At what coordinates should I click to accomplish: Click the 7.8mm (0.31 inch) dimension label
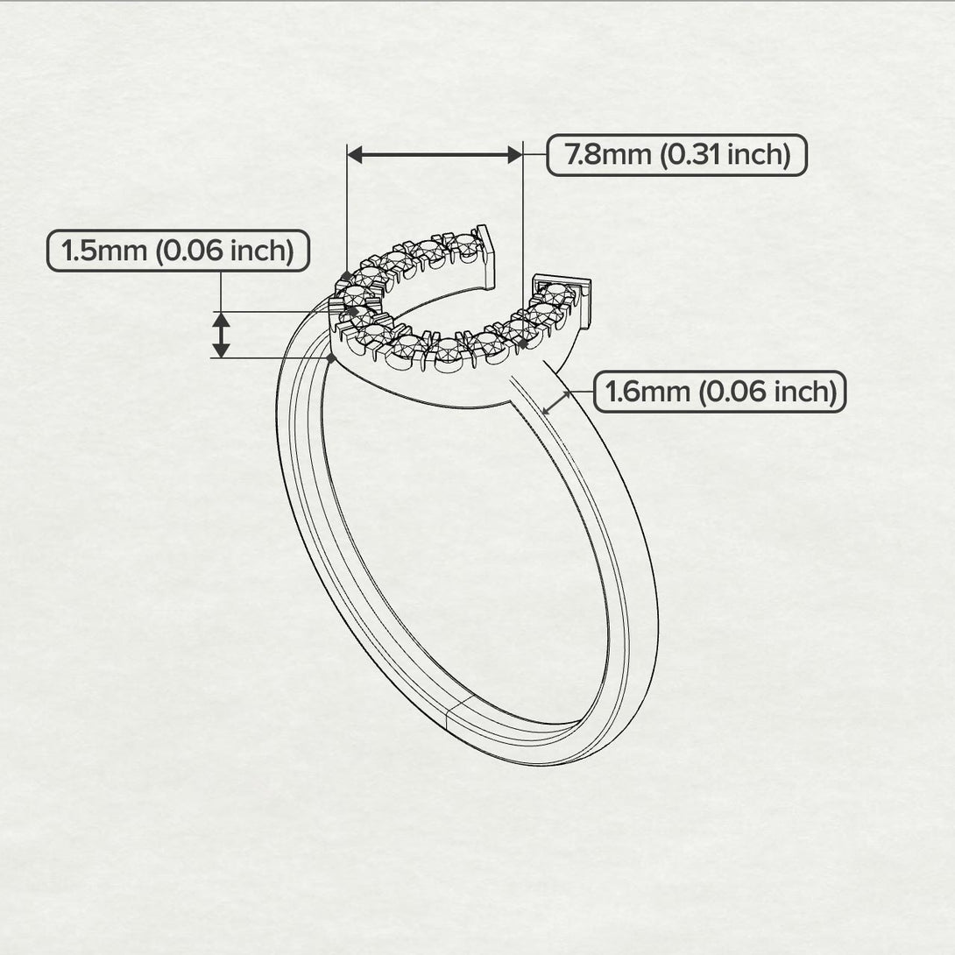[x=676, y=155]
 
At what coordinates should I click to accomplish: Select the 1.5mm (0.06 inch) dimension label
[x=177, y=251]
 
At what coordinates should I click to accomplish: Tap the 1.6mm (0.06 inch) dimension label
[x=720, y=392]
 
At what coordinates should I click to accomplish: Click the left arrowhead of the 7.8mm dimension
[x=355, y=155]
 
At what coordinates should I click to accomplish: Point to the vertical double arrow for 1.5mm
[x=222, y=335]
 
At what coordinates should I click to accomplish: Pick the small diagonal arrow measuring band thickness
[x=556, y=403]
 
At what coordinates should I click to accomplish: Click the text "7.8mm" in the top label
[x=607, y=155]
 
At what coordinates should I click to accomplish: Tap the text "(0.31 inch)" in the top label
[x=725, y=155]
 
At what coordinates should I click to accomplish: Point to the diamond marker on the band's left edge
[x=330, y=358]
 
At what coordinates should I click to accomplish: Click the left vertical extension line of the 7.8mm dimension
[x=348, y=210]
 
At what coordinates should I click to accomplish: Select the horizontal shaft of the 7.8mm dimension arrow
[x=435, y=155]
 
